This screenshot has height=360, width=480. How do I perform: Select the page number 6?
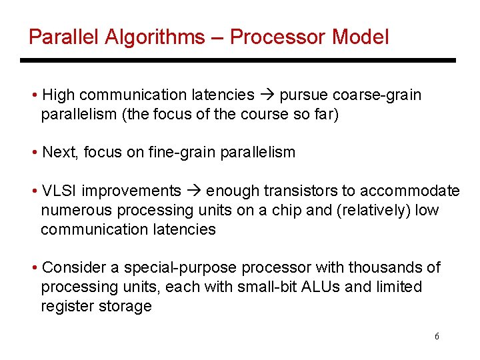click(437, 337)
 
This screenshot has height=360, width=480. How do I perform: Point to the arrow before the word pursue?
click(267, 95)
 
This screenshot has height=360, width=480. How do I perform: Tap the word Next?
click(59, 153)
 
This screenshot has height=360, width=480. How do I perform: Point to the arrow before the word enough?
click(193, 191)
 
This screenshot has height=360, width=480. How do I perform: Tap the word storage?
click(129, 307)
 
